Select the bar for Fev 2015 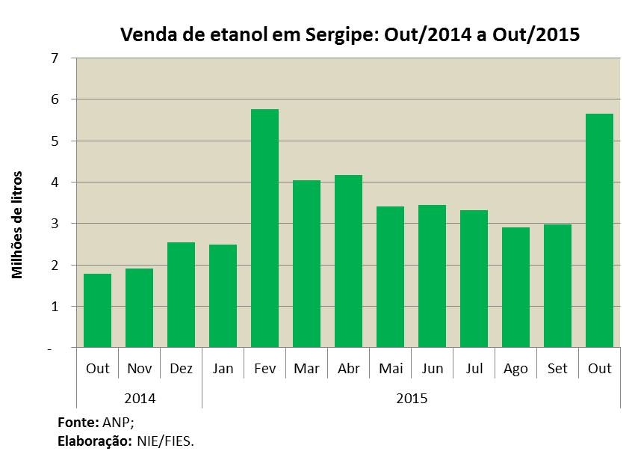264,228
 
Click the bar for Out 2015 599,230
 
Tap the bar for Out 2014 97,310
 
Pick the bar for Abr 348,261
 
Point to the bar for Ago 515,287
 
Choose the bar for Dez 181,295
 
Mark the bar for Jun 432,276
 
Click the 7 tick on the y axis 55,58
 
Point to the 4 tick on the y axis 55,182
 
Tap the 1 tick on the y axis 55,307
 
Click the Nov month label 139,368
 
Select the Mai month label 391,368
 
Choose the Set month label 557,368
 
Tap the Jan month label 223,368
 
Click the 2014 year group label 140,398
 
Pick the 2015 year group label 412,398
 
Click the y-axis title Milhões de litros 16,225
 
